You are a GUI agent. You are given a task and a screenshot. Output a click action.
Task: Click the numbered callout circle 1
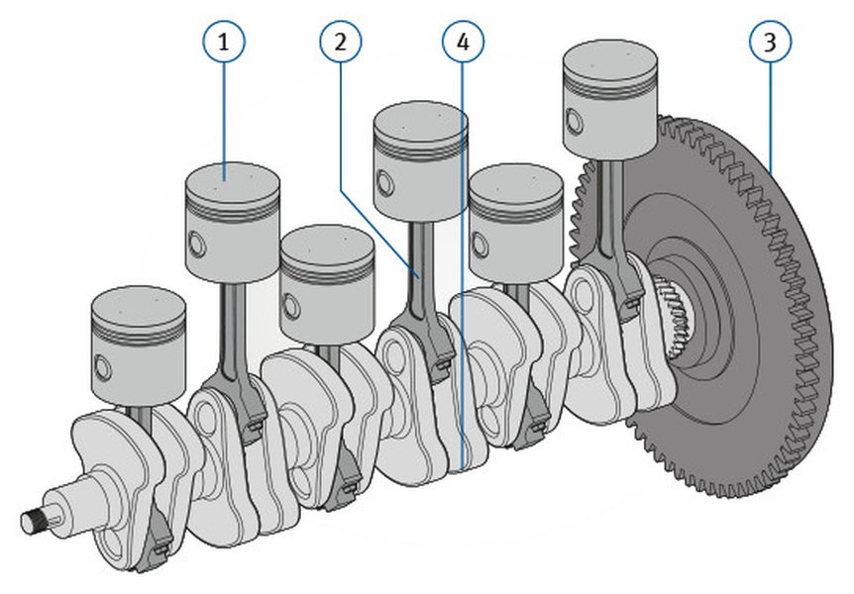225,42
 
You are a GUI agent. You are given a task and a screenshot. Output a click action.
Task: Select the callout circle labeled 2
341,42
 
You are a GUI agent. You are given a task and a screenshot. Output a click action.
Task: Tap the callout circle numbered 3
769,42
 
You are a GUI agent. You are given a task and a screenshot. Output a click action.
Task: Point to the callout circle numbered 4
464,42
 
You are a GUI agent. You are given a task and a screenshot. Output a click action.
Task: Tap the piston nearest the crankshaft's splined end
139,337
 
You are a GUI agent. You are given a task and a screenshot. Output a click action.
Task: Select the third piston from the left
326,282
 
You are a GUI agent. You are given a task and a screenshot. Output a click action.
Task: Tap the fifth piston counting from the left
515,223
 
